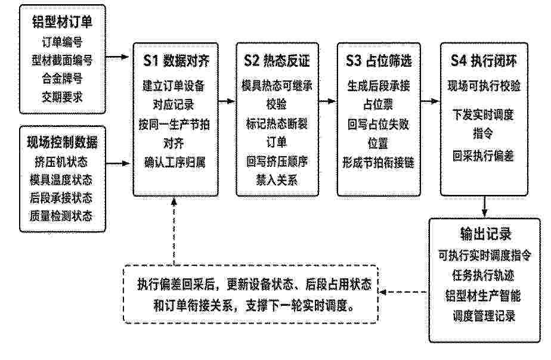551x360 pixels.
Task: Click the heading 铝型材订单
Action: click(x=62, y=22)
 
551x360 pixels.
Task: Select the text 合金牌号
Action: click(x=62, y=78)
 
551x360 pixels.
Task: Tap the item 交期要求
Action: click(x=62, y=97)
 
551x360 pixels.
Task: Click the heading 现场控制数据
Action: click(x=62, y=142)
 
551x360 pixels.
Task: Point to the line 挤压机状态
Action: click(x=61, y=162)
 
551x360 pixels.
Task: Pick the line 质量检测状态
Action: click(x=61, y=215)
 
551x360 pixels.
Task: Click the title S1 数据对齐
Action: click(x=176, y=61)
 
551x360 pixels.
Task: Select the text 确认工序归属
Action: click(x=175, y=162)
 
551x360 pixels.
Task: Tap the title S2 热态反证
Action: click(x=277, y=61)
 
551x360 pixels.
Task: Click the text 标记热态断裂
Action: click(x=277, y=123)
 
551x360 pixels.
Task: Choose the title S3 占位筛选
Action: click(x=379, y=61)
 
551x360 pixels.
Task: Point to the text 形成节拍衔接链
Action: click(x=379, y=162)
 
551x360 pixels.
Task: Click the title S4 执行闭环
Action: click(x=484, y=61)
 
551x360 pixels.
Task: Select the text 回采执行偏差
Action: click(x=483, y=156)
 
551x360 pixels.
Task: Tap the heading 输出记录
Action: click(x=485, y=234)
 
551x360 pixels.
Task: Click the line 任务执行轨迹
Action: click(x=484, y=275)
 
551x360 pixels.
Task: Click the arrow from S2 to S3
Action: click(x=327, y=101)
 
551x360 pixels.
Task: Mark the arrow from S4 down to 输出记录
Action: click(x=485, y=206)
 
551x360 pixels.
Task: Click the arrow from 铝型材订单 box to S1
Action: click(x=117, y=57)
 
